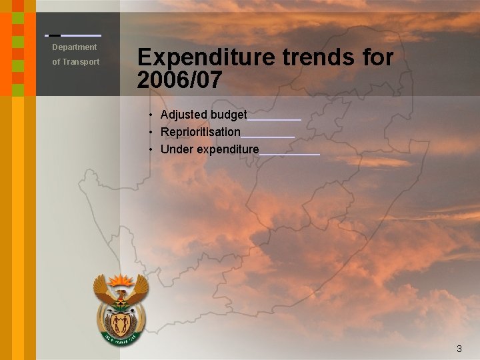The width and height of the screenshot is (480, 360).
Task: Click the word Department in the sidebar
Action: point(75,47)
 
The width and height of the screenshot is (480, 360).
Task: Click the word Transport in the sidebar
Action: point(81,62)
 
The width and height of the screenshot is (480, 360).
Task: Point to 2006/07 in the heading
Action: point(179,80)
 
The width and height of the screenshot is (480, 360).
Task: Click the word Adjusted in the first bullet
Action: point(184,115)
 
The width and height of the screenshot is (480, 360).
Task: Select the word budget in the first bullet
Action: point(229,115)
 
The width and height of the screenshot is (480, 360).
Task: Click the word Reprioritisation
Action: point(200,132)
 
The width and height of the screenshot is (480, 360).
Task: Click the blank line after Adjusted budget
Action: point(274,119)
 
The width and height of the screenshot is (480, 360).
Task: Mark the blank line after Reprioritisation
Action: point(267,136)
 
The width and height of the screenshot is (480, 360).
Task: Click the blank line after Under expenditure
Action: point(289,153)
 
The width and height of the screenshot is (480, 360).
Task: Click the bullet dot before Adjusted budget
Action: point(152,115)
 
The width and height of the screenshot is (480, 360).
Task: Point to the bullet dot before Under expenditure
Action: point(152,150)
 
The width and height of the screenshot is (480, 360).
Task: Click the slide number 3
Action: point(459,349)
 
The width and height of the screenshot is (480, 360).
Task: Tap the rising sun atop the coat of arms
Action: point(121,280)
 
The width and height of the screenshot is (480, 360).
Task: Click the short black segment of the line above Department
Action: point(55,35)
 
